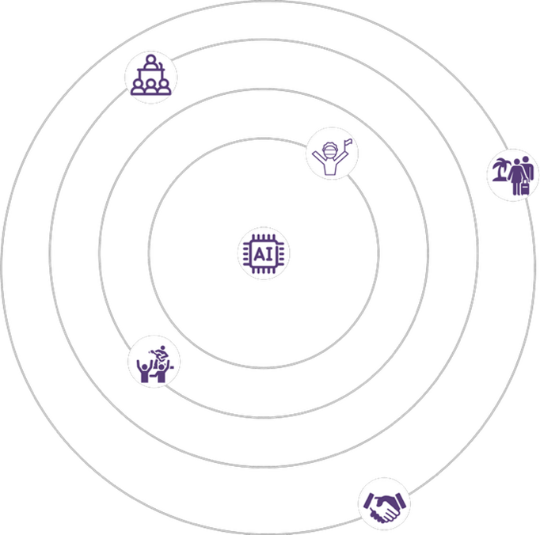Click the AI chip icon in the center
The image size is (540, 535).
264,254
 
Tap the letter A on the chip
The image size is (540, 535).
259,254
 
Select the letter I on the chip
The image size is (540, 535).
270,254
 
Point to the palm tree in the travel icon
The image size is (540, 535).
500,169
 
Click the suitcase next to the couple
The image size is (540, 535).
524,188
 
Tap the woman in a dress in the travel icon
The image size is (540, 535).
515,176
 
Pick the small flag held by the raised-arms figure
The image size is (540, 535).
348,142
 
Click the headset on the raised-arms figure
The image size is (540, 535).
329,152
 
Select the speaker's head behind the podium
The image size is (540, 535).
150,62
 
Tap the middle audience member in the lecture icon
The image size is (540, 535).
150,87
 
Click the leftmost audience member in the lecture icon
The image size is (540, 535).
138,87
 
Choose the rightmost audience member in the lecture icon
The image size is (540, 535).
164,87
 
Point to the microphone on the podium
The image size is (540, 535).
161,65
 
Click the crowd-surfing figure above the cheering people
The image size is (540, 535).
159,353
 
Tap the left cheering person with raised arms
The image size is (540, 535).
145,371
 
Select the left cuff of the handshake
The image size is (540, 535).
369,501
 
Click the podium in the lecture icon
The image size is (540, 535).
150,74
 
